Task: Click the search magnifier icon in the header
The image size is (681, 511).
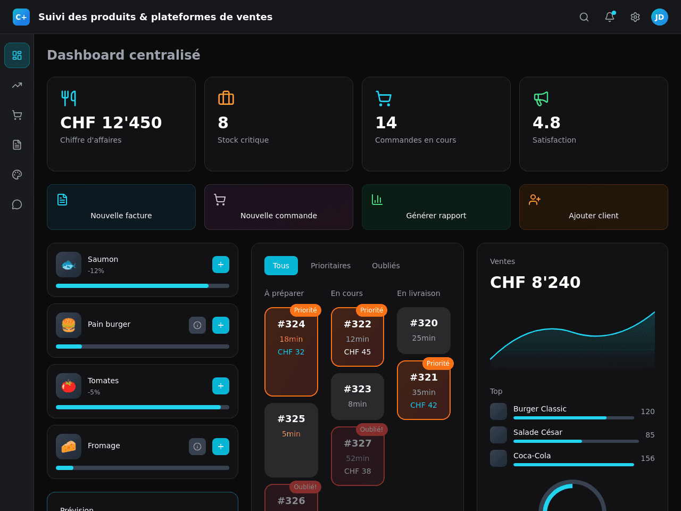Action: (584, 17)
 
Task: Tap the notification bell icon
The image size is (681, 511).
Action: (610, 17)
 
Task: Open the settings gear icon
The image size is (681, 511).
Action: (635, 17)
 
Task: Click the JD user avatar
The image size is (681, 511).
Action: (659, 17)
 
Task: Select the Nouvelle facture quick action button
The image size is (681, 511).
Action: (121, 207)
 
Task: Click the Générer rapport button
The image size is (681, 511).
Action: (436, 207)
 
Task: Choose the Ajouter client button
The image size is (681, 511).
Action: (594, 207)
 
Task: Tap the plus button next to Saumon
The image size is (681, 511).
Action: (221, 265)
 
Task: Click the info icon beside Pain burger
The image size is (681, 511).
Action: (197, 325)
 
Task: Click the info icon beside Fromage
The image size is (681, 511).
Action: (197, 447)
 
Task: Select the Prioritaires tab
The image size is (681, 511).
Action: (330, 266)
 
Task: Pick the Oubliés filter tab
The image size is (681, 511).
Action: (386, 266)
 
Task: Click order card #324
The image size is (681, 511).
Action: (291, 352)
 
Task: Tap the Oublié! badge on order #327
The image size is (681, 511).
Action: (371, 430)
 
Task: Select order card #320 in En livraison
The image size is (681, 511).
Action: (423, 331)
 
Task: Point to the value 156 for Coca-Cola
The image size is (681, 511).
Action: (647, 458)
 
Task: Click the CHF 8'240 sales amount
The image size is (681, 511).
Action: (535, 282)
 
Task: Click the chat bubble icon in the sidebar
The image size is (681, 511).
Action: (17, 204)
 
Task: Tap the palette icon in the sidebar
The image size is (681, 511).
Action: (17, 175)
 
